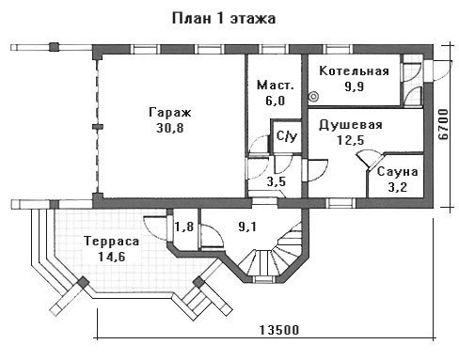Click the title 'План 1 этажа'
[x=224, y=18]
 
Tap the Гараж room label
[x=170, y=112]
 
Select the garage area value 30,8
[x=170, y=128]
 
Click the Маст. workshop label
[x=276, y=85]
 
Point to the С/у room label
[x=287, y=136]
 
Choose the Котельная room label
[x=354, y=70]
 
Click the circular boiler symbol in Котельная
[x=313, y=97]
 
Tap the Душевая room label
[x=351, y=125]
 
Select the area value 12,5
[x=351, y=140]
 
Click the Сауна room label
[x=398, y=172]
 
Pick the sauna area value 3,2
[x=398, y=187]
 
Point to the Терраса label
[x=112, y=242]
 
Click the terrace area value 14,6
[x=112, y=257]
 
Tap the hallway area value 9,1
[x=247, y=227]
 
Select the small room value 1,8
[x=184, y=227]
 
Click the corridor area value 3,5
[x=277, y=181]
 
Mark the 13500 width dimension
[x=279, y=330]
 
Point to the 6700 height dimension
[x=443, y=124]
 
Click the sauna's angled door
[x=371, y=159]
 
